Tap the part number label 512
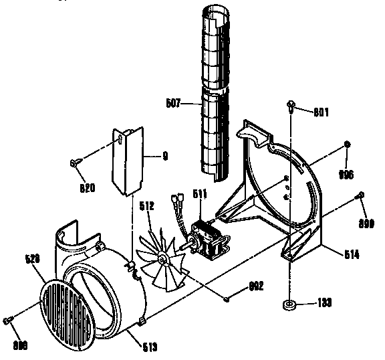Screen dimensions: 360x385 (x=146, y=206)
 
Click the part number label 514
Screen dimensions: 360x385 (x=352, y=254)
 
